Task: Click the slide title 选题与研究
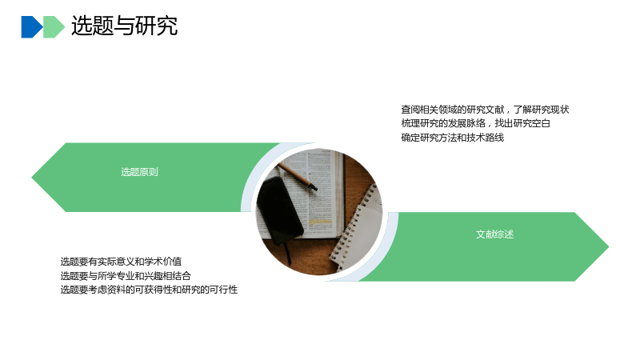(125, 26)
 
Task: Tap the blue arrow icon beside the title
(32, 27)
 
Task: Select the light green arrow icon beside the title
(54, 27)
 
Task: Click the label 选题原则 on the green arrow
(139, 172)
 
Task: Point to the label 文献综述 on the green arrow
(494, 234)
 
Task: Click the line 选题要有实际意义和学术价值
(122, 262)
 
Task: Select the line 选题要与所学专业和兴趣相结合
(126, 276)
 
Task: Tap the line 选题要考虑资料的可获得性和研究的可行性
(149, 290)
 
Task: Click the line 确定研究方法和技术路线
(453, 138)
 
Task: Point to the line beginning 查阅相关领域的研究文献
(485, 110)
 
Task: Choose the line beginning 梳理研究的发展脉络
(475, 123)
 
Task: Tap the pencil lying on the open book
(297, 176)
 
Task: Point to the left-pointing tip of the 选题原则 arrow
(32, 177)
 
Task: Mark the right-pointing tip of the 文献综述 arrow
(609, 246)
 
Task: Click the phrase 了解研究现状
(542, 110)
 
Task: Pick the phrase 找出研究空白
(523, 123)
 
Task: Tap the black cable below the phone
(288, 252)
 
